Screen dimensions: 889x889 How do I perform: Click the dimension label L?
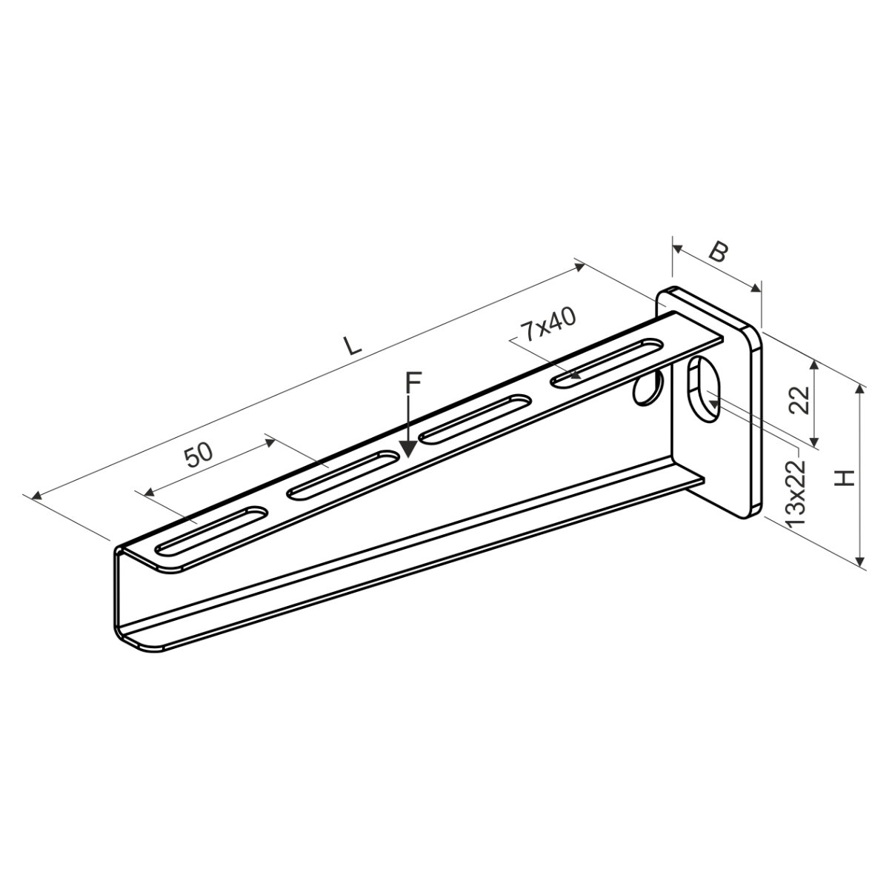pyautogui.click(x=352, y=345)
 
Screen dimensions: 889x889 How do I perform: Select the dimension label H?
pyautogui.click(x=845, y=478)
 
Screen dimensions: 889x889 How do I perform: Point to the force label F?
pyautogui.click(x=413, y=382)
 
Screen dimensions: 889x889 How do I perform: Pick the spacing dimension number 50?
pyautogui.click(x=199, y=454)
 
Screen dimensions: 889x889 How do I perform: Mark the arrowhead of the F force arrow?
pyautogui.click(x=408, y=449)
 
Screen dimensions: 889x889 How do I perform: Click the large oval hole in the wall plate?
pyautogui.click(x=704, y=390)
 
